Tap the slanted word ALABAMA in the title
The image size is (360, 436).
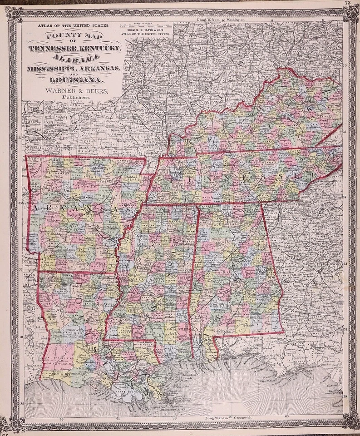tap(75, 58)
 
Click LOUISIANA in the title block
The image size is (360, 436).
tap(74, 81)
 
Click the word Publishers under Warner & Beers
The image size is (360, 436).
tap(74, 97)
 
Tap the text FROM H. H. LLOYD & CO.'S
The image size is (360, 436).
tap(144, 30)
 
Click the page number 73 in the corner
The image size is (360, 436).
tap(348, 4)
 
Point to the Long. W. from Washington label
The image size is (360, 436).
tap(221, 20)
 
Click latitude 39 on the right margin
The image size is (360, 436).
tap(345, 66)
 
